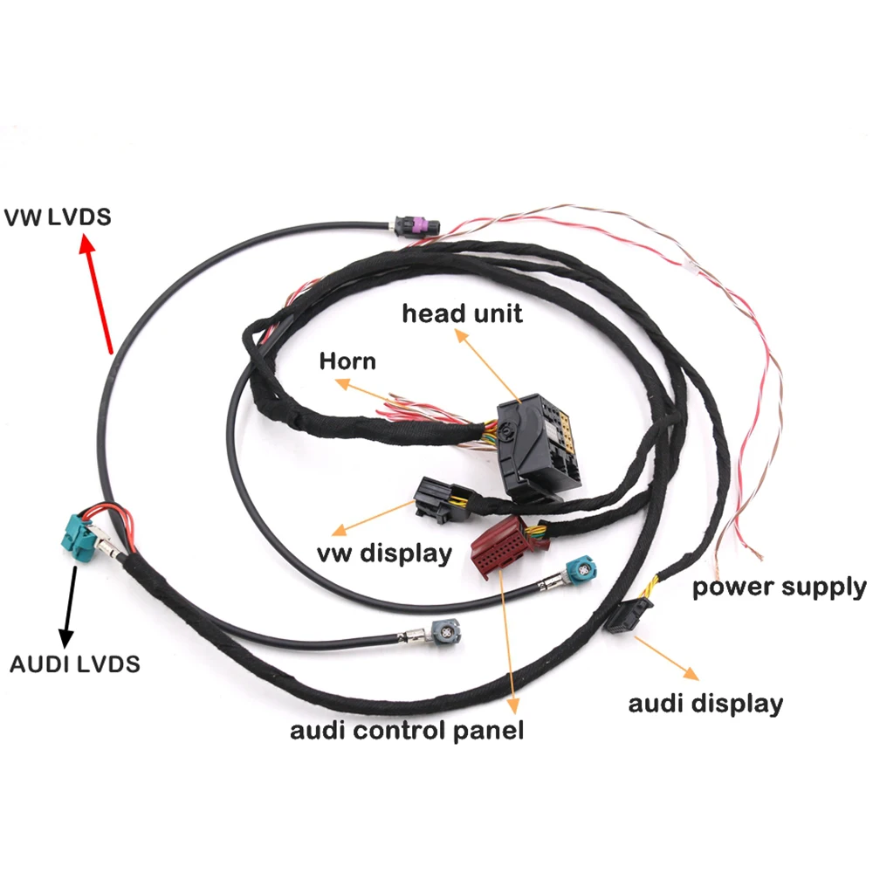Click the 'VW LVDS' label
pyautogui.click(x=58, y=216)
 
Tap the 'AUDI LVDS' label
pyautogui.click(x=75, y=663)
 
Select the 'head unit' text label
pyautogui.click(x=462, y=313)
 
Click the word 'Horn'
pyautogui.click(x=347, y=361)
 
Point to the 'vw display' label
pyautogui.click(x=385, y=553)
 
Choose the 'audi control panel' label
pyautogui.click(x=407, y=730)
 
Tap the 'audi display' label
pyautogui.click(x=705, y=703)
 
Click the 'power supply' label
pyautogui.click(x=780, y=587)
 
